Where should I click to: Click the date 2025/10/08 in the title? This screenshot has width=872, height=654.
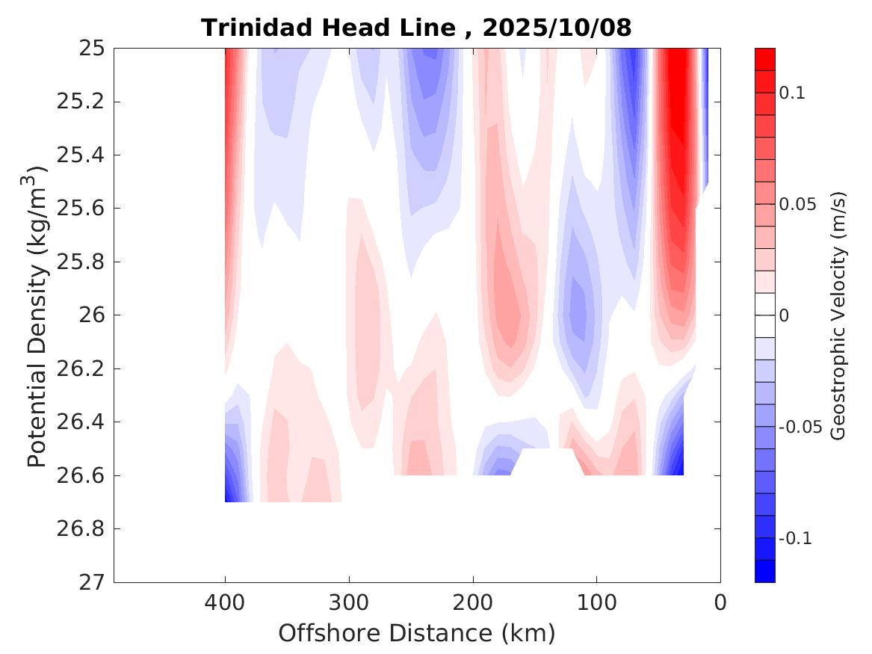557,28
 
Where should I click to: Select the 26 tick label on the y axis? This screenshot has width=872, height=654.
90,315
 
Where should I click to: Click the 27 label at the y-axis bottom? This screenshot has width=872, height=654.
90,582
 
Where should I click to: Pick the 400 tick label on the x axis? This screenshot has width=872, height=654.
225,602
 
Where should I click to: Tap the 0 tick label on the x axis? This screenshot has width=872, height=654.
720,602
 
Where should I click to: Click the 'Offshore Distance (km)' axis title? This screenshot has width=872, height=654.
416,633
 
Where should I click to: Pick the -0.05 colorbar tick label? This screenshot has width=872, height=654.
800,428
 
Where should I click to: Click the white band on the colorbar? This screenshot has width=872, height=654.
765,315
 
